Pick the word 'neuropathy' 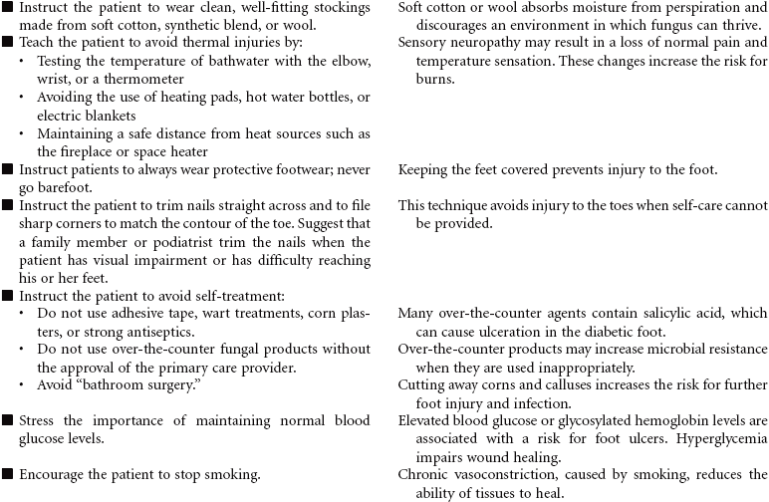(487, 44)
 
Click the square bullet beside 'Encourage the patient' (8, 475)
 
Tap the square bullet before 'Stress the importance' (8, 421)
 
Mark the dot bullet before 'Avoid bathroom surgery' (24, 384)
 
